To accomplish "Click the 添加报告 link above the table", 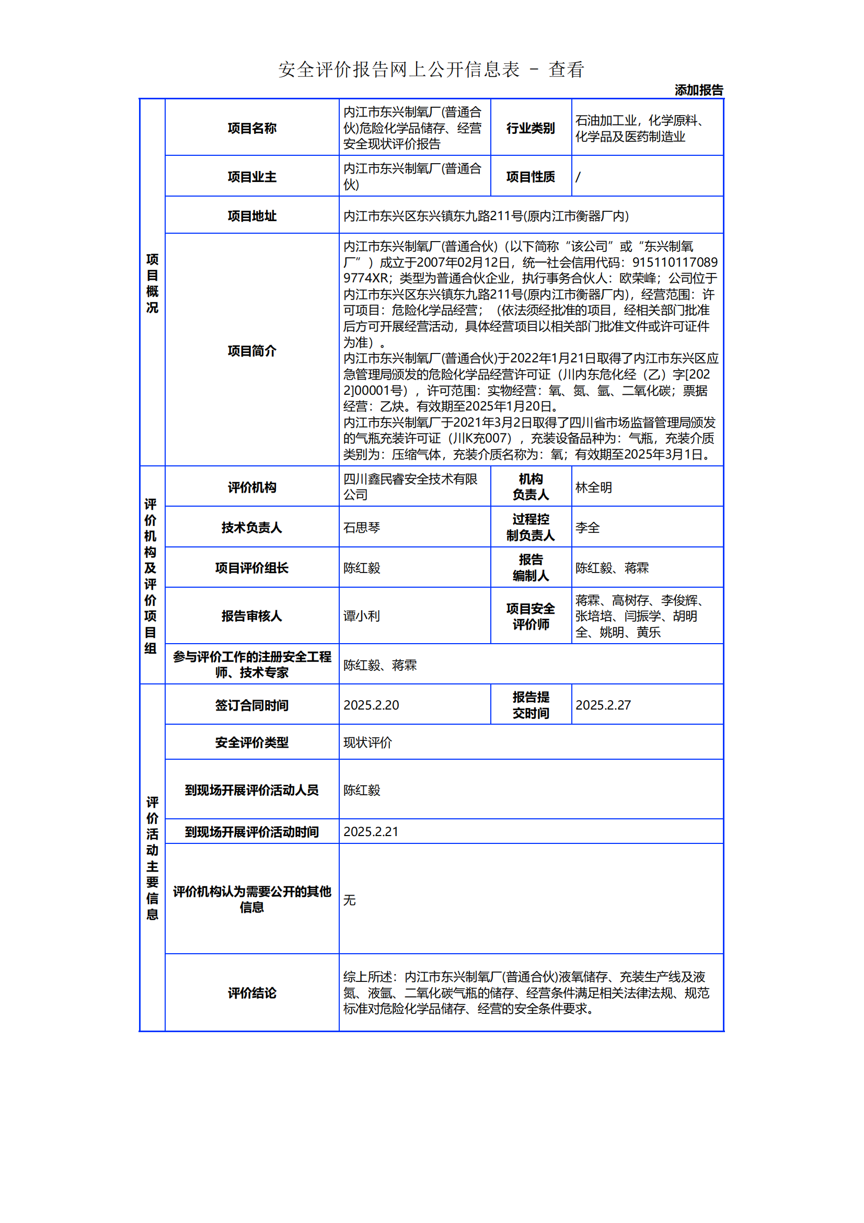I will click(x=698, y=90).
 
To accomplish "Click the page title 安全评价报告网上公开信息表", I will click(x=399, y=70).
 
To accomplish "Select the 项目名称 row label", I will click(x=252, y=129).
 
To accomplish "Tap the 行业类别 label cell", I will click(x=530, y=129).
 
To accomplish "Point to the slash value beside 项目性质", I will click(x=578, y=177).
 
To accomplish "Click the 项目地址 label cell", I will click(x=252, y=216).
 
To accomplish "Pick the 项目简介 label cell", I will click(x=252, y=350).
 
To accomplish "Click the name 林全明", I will click(x=594, y=487).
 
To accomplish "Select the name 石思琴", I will click(x=362, y=528).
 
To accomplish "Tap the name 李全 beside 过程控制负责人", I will click(x=587, y=528).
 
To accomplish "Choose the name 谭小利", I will click(x=362, y=616).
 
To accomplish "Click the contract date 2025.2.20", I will click(x=371, y=705).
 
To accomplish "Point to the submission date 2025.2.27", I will click(x=603, y=705).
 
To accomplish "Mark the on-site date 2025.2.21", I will click(x=371, y=831).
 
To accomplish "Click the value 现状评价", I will click(x=367, y=742).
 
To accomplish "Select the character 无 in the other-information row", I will click(x=349, y=900).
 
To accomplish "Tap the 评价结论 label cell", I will click(x=252, y=992).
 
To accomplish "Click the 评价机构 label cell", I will click(x=252, y=487).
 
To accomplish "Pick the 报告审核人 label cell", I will click(x=252, y=616).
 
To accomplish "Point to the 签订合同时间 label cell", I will click(x=252, y=705).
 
